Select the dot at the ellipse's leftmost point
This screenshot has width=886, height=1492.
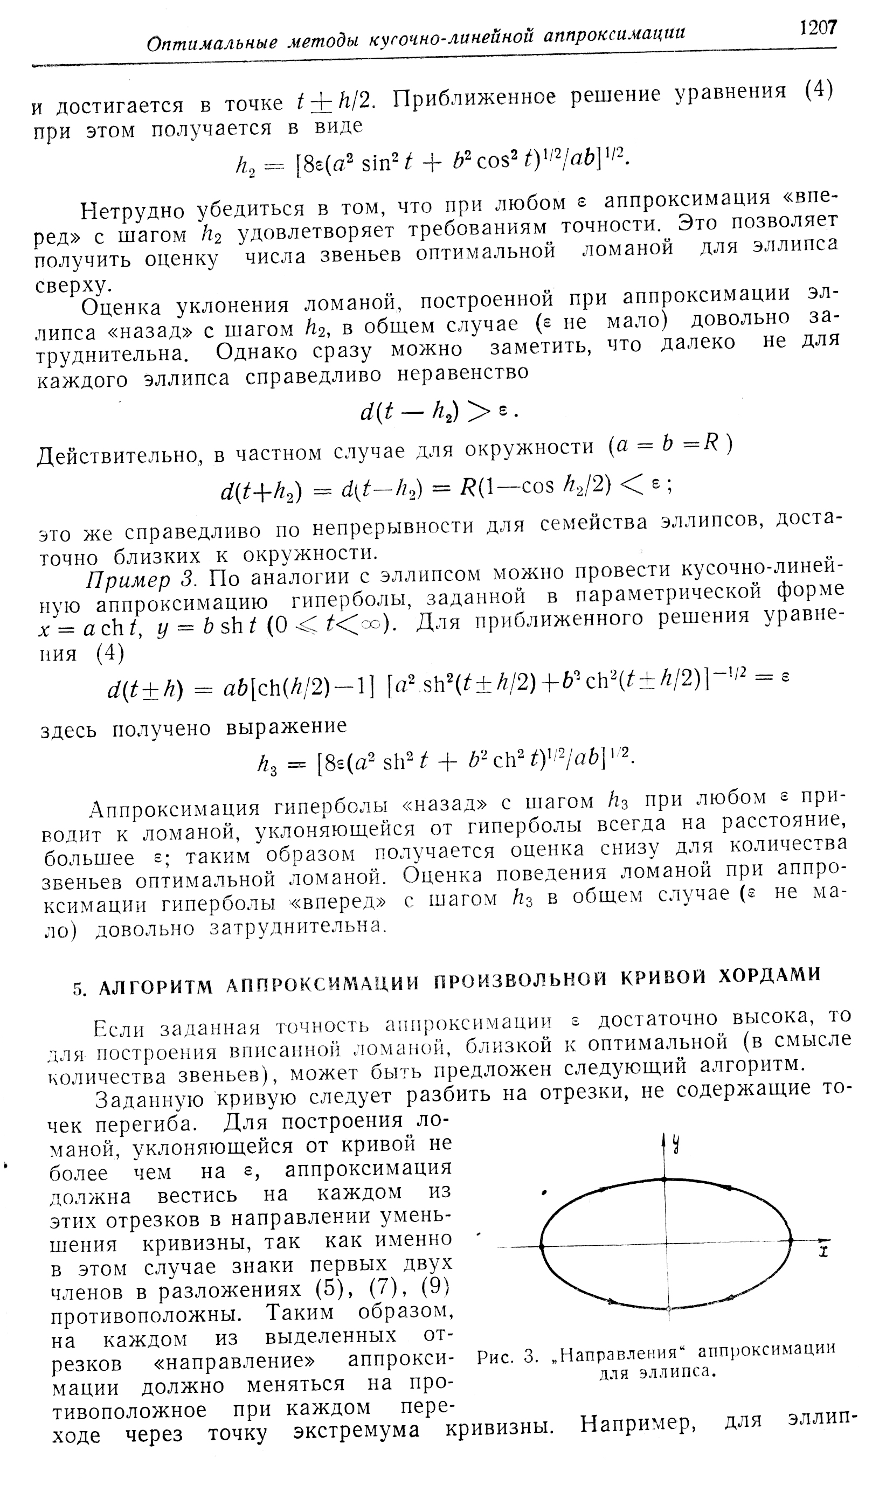542,1246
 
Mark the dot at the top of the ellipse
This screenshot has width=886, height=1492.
666,1179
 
